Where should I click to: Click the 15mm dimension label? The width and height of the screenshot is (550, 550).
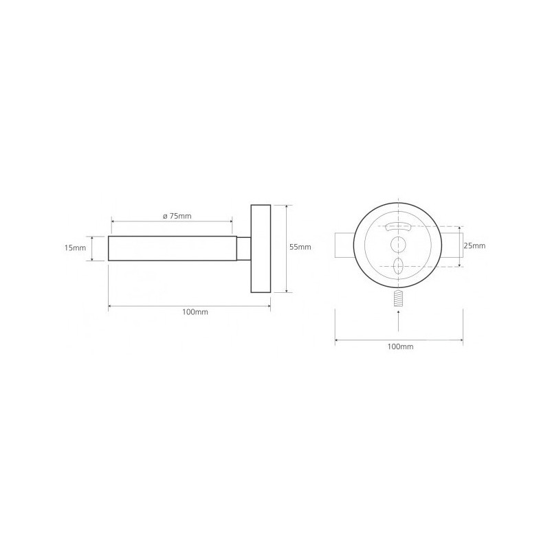click(x=75, y=248)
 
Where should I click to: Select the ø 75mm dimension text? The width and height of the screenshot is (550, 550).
click(x=177, y=216)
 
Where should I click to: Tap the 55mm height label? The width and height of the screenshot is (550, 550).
click(x=300, y=247)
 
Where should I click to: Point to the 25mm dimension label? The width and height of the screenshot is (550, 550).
click(x=474, y=245)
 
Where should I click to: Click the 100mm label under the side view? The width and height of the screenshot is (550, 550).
click(x=195, y=312)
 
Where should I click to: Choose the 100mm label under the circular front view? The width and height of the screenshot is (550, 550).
click(x=401, y=346)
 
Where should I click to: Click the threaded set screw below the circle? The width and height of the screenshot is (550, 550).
click(x=399, y=299)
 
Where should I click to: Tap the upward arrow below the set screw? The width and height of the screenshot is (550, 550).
click(x=399, y=320)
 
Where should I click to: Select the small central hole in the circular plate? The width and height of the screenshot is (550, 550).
click(x=399, y=245)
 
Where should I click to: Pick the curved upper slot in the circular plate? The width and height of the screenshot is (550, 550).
click(x=399, y=227)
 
